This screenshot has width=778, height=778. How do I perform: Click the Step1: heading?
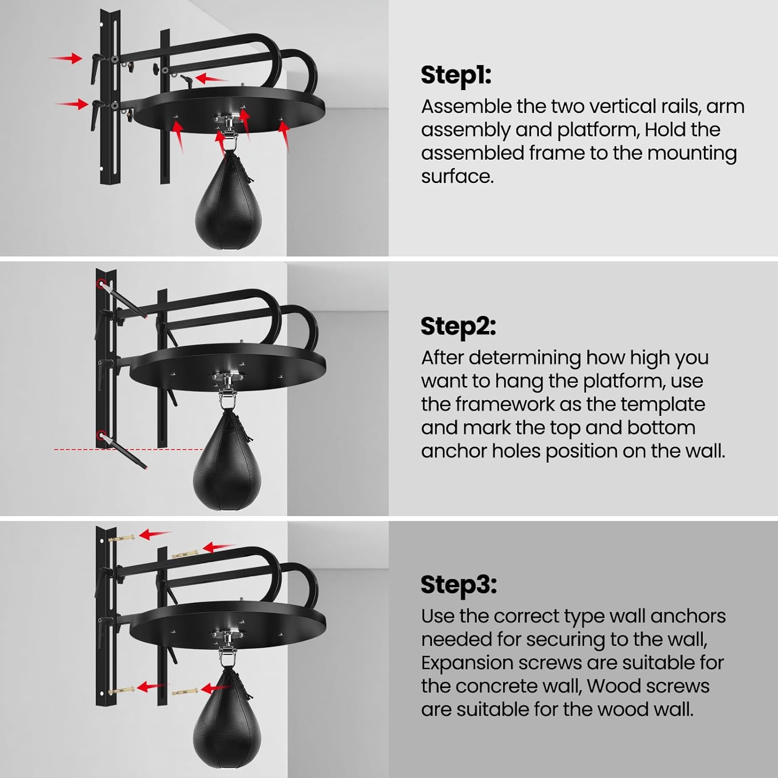[x=455, y=75]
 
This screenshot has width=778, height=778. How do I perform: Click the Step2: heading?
[x=458, y=326]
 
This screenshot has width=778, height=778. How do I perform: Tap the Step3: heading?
[x=459, y=585]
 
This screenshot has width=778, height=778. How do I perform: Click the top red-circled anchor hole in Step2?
[x=101, y=284]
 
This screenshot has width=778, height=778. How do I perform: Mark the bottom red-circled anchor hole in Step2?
[x=101, y=434]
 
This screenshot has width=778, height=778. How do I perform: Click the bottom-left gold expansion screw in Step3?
[x=121, y=690]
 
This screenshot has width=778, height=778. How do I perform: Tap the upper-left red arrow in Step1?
[x=66, y=58]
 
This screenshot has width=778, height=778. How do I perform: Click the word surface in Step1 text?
[x=456, y=176]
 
